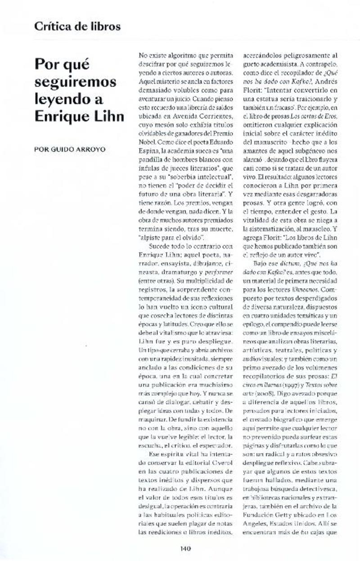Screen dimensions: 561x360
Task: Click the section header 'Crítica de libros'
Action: (x=77, y=26)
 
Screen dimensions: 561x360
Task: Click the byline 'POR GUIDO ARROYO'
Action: (x=70, y=149)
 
